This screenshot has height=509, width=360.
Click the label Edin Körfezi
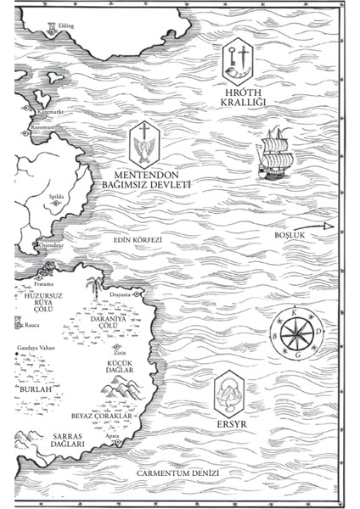[x=138, y=239]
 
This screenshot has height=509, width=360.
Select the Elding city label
[x=66, y=26]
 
